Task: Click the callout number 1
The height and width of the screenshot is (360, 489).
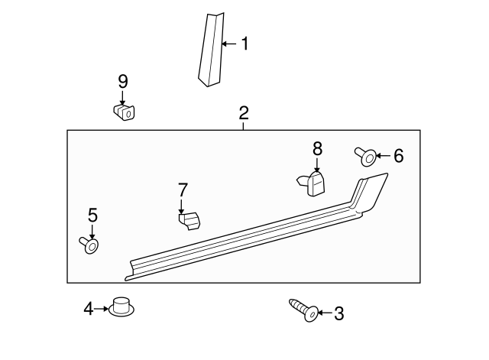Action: [x=244, y=44]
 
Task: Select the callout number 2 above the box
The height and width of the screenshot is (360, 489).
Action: [x=243, y=114]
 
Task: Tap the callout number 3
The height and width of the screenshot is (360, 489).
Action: [x=339, y=313]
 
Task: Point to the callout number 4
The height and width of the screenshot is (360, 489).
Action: [x=89, y=308]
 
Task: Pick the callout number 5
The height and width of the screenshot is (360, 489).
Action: [x=92, y=215]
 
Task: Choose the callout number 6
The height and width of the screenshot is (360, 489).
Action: [x=398, y=157]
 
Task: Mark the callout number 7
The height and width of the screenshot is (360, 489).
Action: [x=182, y=189]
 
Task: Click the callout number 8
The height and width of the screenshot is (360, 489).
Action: [x=317, y=148]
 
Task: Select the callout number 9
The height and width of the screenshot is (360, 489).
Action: [x=122, y=81]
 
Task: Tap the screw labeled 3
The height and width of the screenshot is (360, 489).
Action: [x=303, y=310]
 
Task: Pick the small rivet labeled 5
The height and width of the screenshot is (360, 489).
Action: [x=89, y=245]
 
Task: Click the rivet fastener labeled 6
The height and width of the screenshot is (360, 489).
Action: [x=366, y=157]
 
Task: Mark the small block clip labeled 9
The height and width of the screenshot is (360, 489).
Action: [x=124, y=112]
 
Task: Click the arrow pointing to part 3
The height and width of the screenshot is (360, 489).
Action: [x=324, y=313]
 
